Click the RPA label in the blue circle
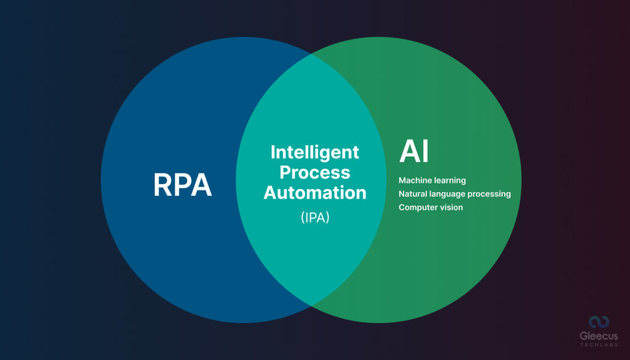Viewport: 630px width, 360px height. click(x=182, y=185)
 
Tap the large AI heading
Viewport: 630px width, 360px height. click(x=414, y=151)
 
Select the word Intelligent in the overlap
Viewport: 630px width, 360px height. click(x=315, y=151)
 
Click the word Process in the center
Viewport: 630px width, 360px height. click(x=315, y=172)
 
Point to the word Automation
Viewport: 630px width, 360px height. click(x=315, y=193)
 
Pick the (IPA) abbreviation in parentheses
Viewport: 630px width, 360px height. click(x=315, y=217)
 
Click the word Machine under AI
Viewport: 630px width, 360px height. click(x=416, y=181)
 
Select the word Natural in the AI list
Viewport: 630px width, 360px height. click(x=413, y=194)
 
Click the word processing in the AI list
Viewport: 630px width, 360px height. click(x=492, y=194)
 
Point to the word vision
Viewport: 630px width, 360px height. click(x=451, y=207)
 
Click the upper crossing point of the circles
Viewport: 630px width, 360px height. click(x=311, y=54)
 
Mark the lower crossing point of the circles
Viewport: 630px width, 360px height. click(x=311, y=306)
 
